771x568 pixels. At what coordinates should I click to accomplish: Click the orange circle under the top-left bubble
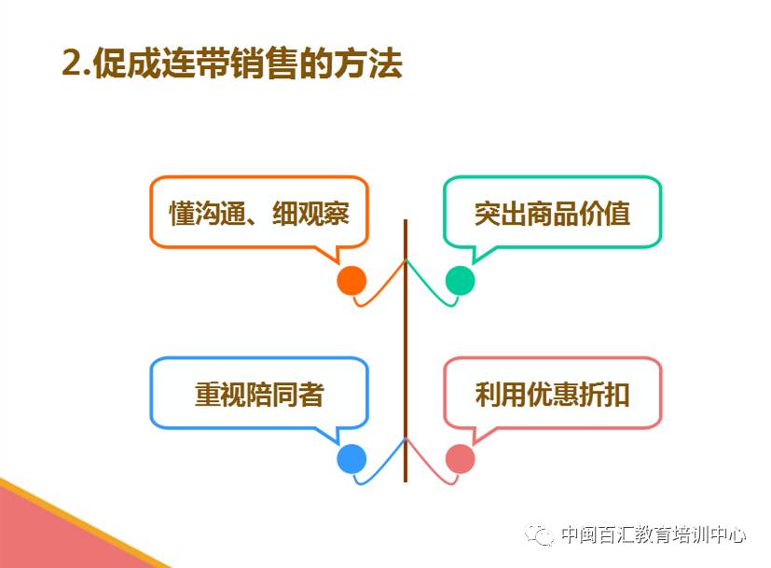tap(351, 281)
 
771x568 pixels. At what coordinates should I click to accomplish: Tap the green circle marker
tap(461, 281)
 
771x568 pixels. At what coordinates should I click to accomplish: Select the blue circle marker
tap(351, 458)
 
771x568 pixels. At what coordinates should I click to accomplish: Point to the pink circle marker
tap(461, 458)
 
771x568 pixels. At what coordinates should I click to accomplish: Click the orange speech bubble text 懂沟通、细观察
tap(259, 214)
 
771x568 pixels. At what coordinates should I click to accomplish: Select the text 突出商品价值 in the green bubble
tap(552, 214)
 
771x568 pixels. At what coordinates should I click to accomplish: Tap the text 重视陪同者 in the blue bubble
tap(259, 395)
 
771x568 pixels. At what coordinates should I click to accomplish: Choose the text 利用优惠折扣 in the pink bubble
tap(552, 395)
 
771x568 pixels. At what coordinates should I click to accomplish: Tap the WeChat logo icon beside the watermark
tap(540, 534)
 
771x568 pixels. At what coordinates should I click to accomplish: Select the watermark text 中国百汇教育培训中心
tap(654, 534)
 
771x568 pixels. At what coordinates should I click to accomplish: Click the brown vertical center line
tap(406, 351)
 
